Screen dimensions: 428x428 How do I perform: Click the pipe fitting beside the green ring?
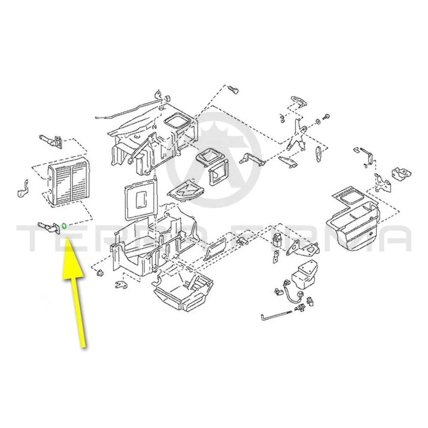click(49, 227)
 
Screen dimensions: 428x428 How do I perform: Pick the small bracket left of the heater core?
click(23, 189)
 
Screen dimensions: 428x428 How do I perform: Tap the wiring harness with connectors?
click(292, 296)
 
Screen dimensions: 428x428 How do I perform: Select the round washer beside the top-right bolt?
click(318, 121)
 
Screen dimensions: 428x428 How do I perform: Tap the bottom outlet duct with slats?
click(183, 292)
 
